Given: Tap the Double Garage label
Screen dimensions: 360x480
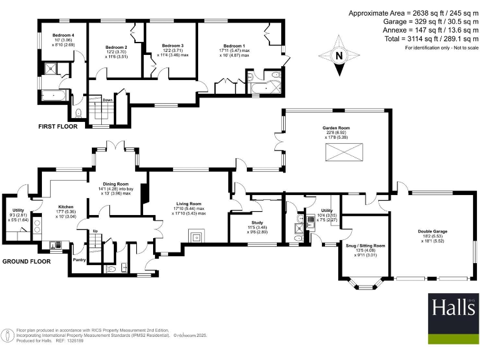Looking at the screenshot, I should pyautogui.click(x=432, y=231).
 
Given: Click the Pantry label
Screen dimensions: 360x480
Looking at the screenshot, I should pyautogui.click(x=79, y=258).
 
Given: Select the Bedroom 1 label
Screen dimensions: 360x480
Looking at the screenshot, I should pyautogui.click(x=234, y=46).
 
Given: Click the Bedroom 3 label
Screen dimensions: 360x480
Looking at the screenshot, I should pyautogui.click(x=172, y=46).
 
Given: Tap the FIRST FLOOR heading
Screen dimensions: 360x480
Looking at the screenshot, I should pyautogui.click(x=58, y=126).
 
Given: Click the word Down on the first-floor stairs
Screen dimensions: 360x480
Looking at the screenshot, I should pyautogui.click(x=90, y=99).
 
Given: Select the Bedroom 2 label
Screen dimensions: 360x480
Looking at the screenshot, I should pyautogui.click(x=116, y=47).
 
